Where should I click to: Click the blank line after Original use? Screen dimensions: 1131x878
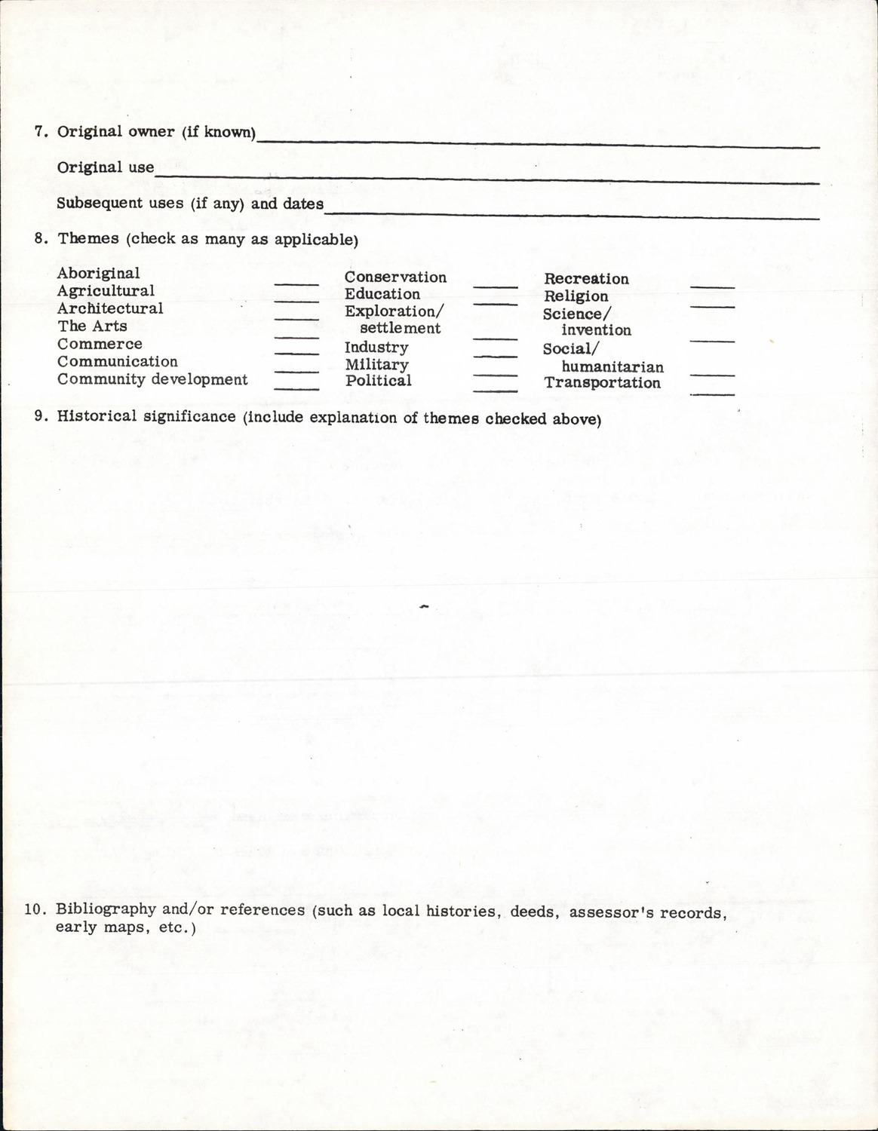487,178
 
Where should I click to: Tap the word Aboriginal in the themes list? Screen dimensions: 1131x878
98,273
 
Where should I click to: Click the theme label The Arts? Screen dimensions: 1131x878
92,326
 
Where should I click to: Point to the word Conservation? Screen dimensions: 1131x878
395,277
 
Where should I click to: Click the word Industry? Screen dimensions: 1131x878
376,348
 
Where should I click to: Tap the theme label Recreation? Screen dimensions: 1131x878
586,279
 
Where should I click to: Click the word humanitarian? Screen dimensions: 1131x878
612,367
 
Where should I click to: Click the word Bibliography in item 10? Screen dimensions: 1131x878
106,909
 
